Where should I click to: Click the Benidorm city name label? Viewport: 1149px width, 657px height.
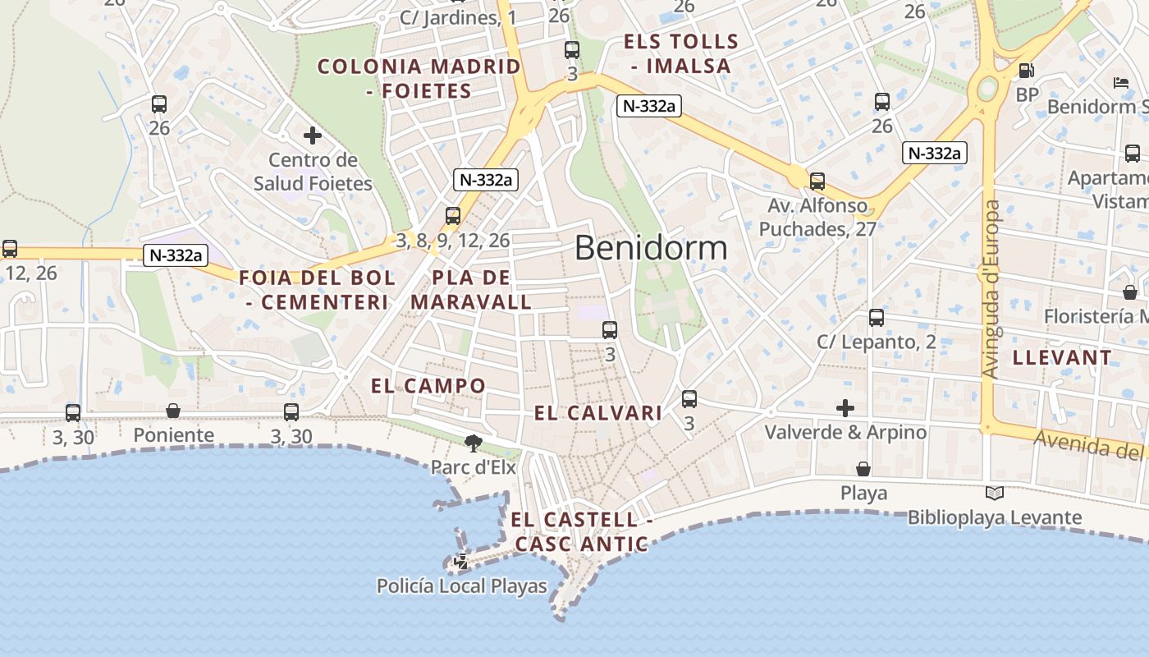coord(651,247)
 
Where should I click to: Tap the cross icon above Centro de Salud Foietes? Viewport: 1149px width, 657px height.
coord(312,136)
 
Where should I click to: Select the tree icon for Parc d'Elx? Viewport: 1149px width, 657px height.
coord(474,444)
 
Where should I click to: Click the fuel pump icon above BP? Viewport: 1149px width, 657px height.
coord(1026,71)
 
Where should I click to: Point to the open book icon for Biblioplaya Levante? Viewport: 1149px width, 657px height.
coord(994,494)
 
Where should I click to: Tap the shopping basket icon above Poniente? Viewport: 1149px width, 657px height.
coord(173,411)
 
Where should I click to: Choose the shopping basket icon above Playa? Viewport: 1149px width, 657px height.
coord(863,469)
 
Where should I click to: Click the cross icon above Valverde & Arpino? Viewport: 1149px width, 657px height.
coord(845,407)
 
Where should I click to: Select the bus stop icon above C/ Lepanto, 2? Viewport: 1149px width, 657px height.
coord(877,318)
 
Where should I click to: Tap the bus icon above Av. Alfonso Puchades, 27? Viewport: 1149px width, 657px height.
coord(817,181)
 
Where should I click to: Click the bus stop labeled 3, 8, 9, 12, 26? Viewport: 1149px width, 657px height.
coord(452,216)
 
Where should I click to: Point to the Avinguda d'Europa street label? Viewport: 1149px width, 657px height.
coord(991,289)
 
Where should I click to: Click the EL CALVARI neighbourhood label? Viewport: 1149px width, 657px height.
coord(597,413)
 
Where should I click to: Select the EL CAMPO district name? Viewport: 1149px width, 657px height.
coord(428,386)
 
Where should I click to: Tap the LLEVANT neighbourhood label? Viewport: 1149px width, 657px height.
coord(1062,357)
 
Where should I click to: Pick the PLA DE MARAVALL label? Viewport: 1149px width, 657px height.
coord(471,290)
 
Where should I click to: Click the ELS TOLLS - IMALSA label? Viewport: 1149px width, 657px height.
coord(680,53)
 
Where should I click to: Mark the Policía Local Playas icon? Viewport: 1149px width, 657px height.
coord(461,563)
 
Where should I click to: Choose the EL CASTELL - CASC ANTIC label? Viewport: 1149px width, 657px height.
coord(581,531)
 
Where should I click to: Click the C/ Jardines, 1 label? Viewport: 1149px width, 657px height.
coord(458,18)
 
